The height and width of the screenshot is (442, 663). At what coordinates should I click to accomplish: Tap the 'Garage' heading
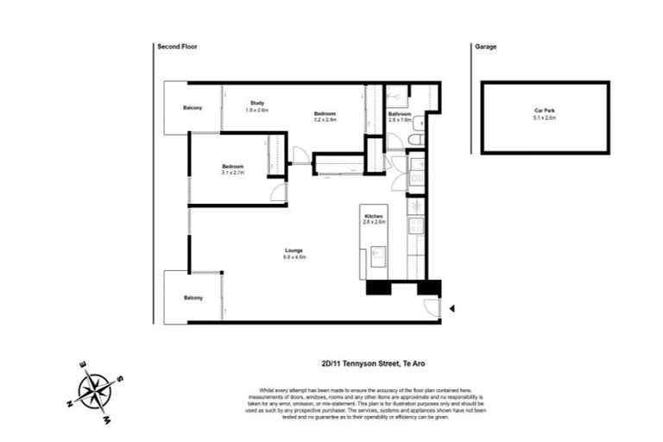click(485, 47)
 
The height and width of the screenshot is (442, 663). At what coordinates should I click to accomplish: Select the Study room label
click(256, 103)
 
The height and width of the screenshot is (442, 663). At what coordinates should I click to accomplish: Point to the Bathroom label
click(399, 114)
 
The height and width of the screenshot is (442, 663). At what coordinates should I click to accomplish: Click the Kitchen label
click(374, 217)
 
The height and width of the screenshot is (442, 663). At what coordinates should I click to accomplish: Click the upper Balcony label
click(193, 108)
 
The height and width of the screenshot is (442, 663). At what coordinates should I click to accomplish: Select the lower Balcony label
click(193, 298)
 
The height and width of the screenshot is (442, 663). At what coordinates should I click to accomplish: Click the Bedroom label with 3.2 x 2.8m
click(325, 114)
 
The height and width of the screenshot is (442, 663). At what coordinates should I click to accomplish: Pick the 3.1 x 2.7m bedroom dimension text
click(233, 173)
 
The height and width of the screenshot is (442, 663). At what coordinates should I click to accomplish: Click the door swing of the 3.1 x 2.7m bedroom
click(278, 193)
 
